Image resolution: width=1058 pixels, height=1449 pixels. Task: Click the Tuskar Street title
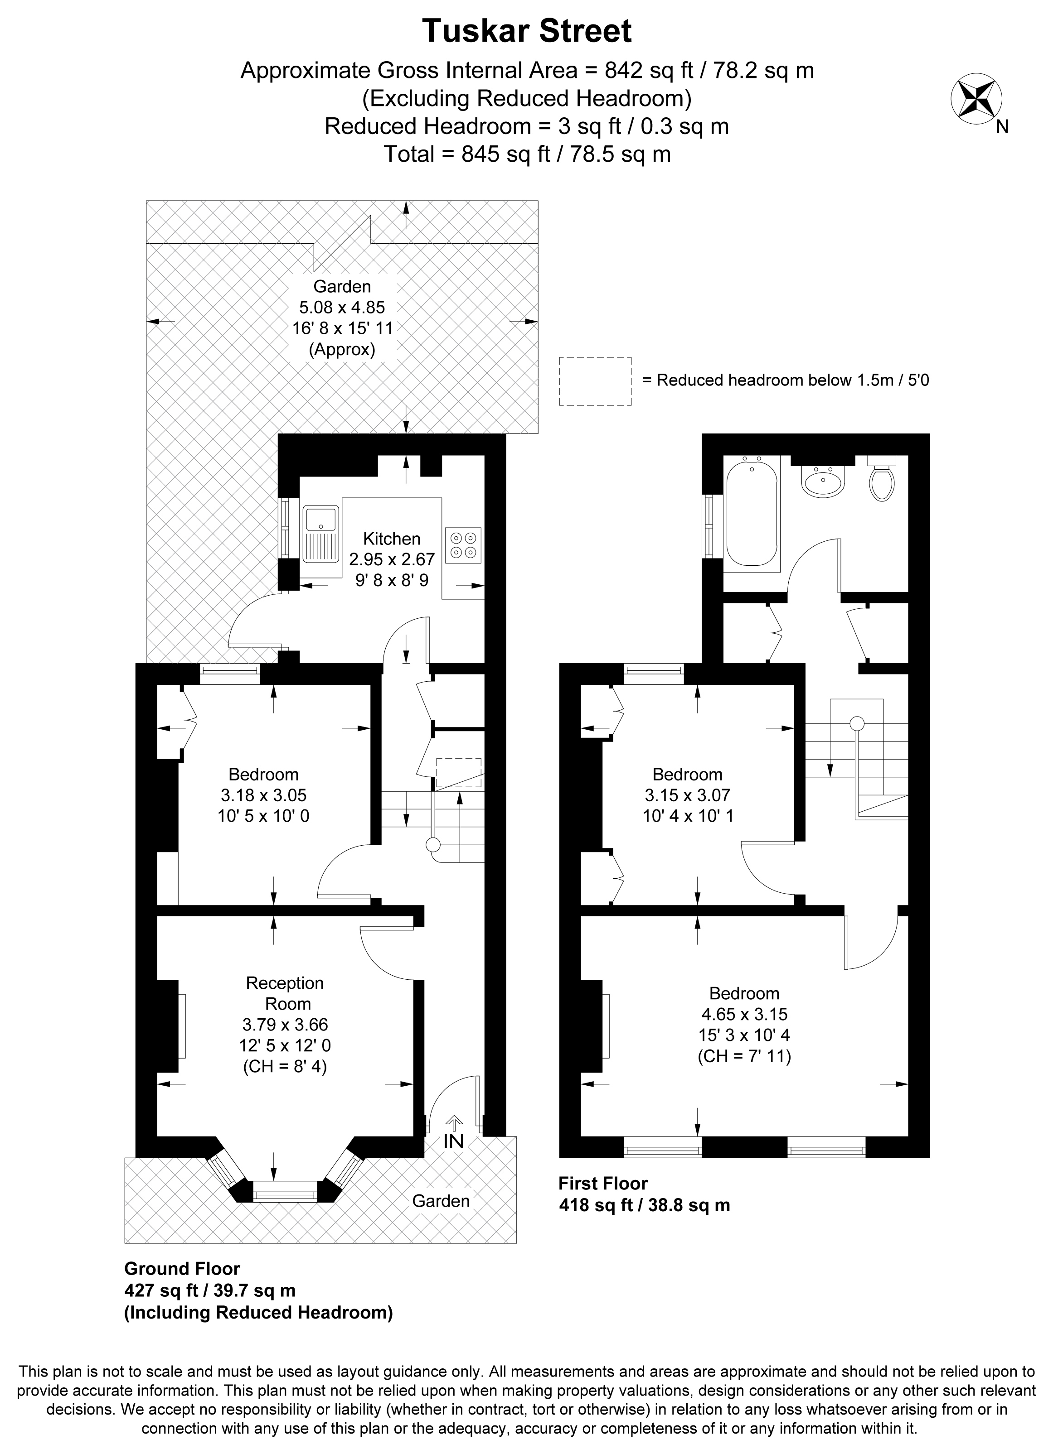[527, 31]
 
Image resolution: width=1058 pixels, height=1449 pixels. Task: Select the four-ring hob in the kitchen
[463, 545]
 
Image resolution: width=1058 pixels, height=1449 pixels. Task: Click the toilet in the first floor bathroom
[882, 479]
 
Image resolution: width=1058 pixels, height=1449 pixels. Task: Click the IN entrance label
[453, 1141]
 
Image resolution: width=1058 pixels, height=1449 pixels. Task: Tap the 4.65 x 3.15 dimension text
[744, 1014]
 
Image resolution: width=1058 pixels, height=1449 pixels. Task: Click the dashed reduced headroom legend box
[596, 381]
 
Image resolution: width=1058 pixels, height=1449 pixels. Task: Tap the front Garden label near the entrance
[441, 1201]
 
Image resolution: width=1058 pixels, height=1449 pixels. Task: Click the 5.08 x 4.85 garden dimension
[342, 307]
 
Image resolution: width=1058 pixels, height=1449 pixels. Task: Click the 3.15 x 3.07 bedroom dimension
[687, 795]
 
